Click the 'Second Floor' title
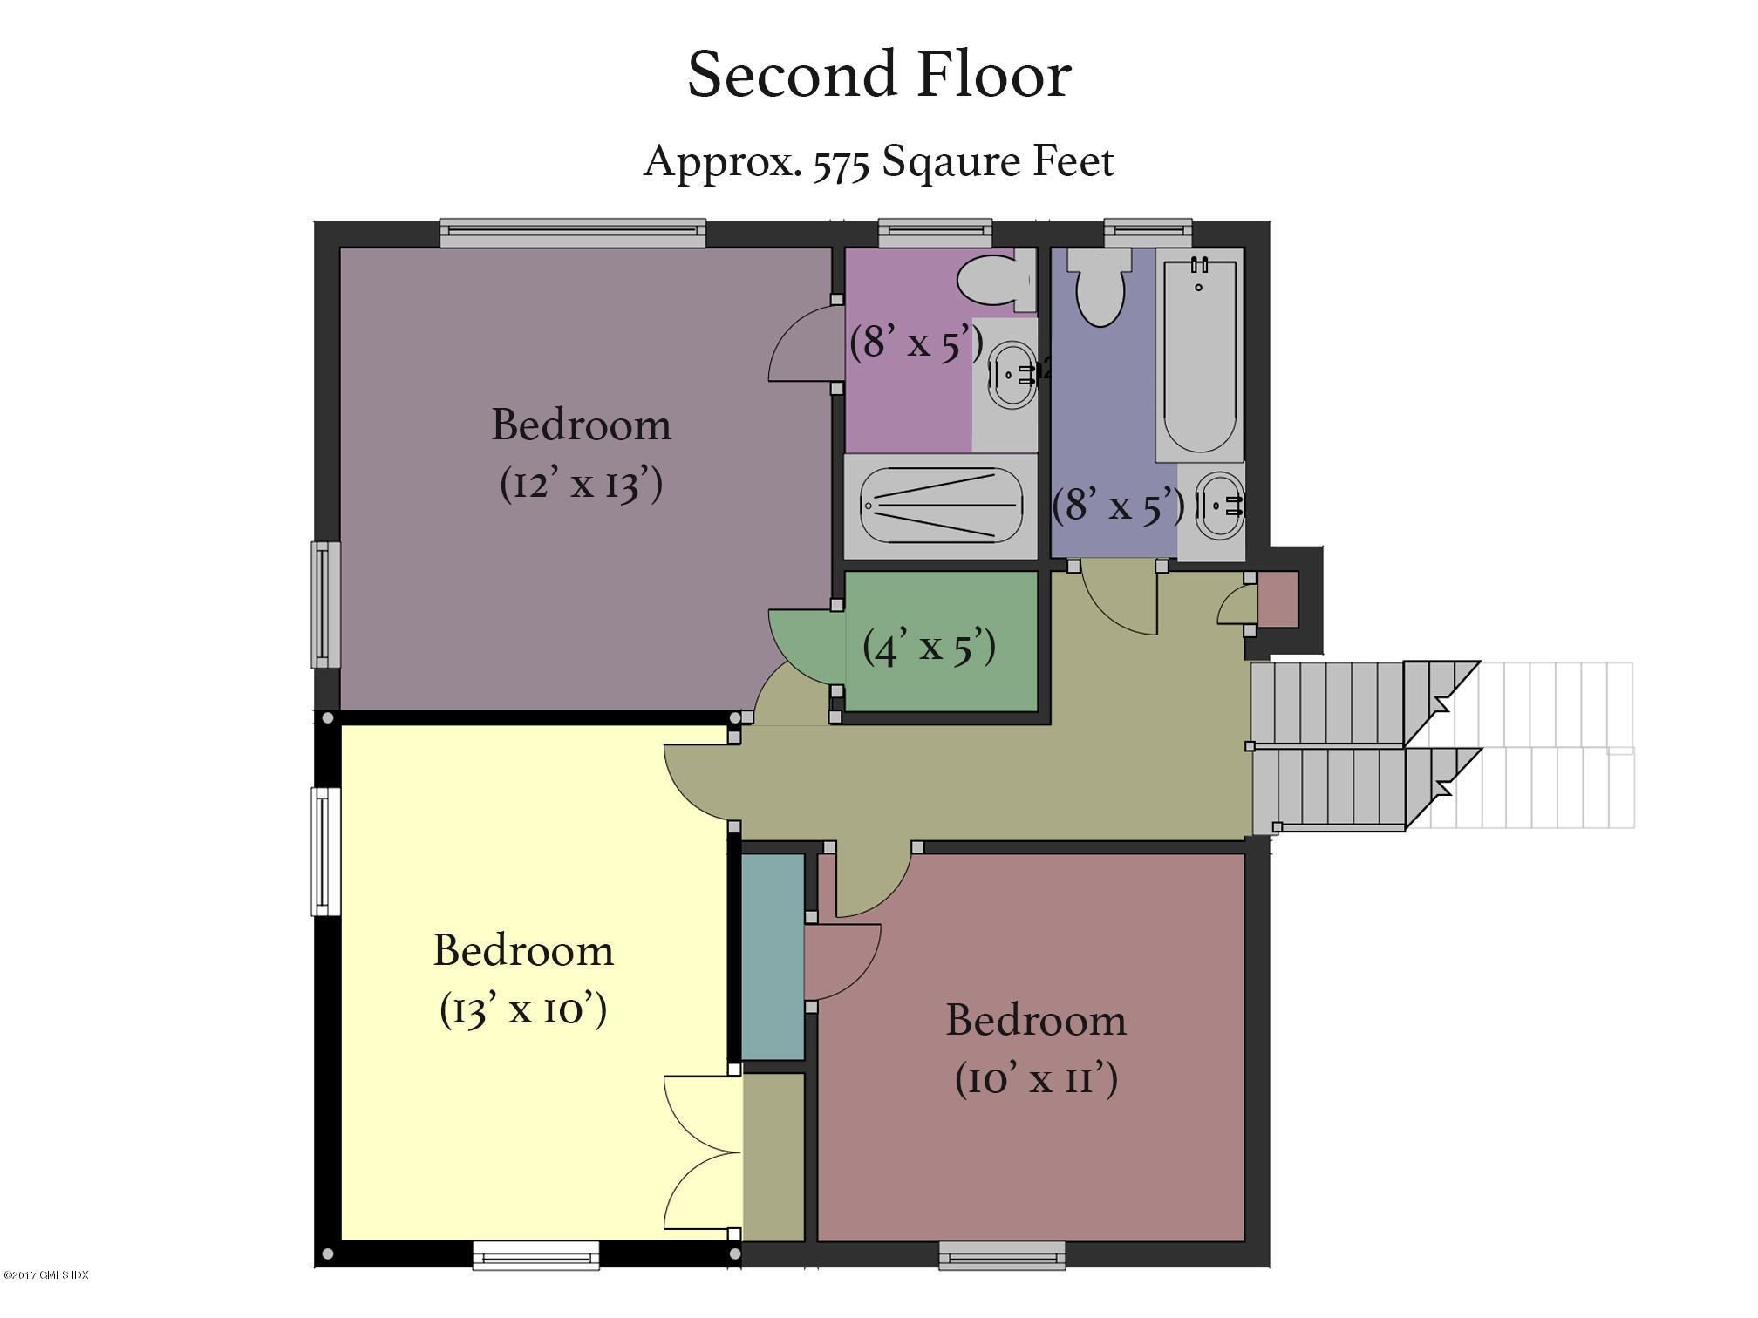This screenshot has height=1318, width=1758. click(878, 75)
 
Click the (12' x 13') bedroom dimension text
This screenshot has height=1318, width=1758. click(581, 483)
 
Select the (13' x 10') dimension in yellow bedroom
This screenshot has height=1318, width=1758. click(523, 1009)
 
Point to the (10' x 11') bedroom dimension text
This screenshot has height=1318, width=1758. click(1036, 1079)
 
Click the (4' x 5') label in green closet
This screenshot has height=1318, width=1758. click(929, 647)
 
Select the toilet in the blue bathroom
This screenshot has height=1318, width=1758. click(1100, 288)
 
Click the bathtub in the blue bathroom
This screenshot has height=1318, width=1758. click(1199, 356)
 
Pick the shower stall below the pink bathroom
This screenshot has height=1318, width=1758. click(940, 506)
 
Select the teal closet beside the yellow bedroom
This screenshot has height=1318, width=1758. click(773, 956)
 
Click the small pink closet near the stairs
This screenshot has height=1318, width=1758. click(1278, 600)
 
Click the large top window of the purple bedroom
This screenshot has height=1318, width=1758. click(572, 233)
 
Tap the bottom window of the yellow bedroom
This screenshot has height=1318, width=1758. click(535, 1256)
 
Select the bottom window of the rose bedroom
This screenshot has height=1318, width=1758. click(1002, 1256)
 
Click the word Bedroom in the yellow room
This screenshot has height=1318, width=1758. click(523, 950)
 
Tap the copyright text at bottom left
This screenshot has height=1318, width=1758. click(45, 1275)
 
